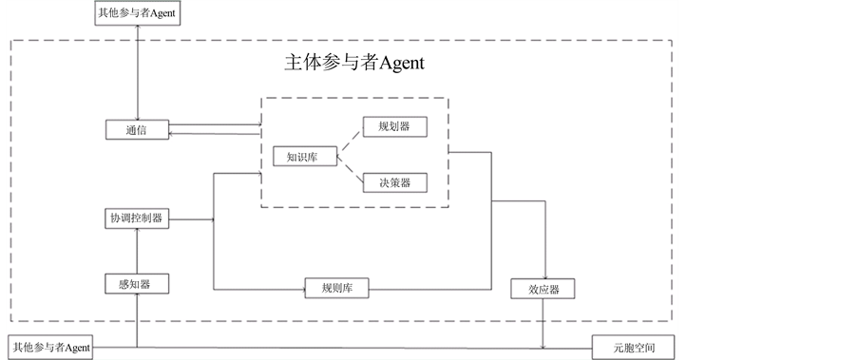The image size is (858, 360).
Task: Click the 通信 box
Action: click(137, 129)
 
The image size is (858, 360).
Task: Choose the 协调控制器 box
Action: click(137, 218)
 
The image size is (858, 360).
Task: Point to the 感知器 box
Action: click(137, 283)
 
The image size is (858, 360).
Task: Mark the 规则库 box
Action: click(336, 288)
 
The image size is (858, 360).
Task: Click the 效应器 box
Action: click(543, 289)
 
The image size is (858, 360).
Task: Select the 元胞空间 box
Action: click(634, 348)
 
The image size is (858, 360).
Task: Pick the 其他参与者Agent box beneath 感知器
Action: click(50, 348)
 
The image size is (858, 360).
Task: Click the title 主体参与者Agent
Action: click(354, 64)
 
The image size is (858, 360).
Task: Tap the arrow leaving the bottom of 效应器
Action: click(543, 323)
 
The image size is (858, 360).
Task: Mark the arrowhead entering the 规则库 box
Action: click(301, 288)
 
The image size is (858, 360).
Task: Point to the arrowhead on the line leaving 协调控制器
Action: click(212, 219)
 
